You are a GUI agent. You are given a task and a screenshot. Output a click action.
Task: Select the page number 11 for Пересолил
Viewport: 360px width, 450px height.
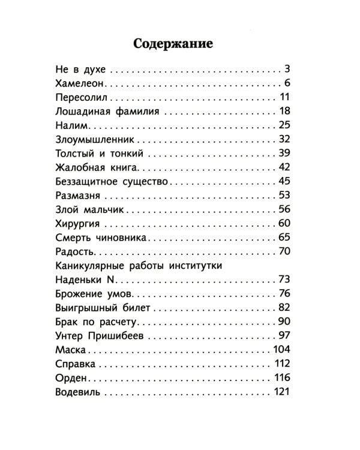(284, 97)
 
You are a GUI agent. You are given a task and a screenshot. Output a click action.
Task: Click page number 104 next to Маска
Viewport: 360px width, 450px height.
(281, 350)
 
